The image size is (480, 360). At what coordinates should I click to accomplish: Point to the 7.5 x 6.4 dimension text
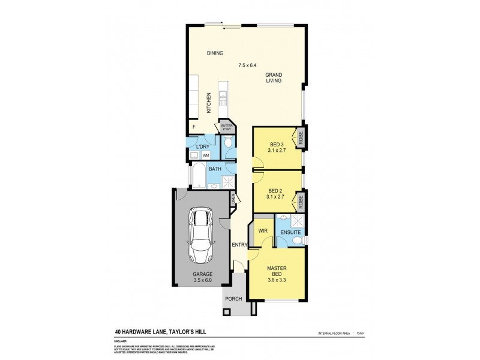click(x=247, y=65)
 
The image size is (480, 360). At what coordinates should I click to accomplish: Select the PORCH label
click(x=233, y=299)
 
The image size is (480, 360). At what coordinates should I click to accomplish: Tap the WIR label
click(x=262, y=230)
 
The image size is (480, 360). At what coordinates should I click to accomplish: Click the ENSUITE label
click(x=290, y=232)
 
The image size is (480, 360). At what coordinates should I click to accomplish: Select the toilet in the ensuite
click(x=298, y=241)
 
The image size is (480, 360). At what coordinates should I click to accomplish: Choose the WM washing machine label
click(x=205, y=155)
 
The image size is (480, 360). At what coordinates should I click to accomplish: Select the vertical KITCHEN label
click(x=209, y=104)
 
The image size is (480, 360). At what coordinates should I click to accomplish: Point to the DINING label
click(x=215, y=53)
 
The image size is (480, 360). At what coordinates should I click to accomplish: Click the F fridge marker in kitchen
click(x=193, y=127)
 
